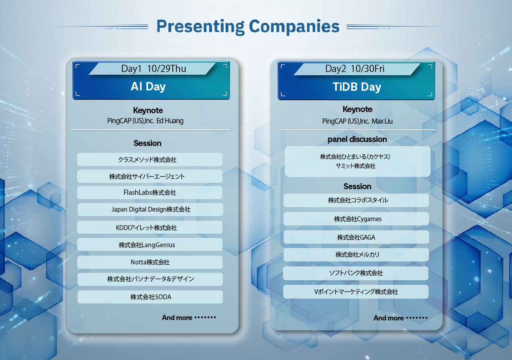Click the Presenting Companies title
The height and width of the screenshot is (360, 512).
[248, 27]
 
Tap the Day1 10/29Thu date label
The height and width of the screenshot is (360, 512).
[154, 69]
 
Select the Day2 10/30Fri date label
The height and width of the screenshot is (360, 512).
[355, 69]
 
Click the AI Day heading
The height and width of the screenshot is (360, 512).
[148, 87]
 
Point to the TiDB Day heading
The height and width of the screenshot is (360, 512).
[357, 87]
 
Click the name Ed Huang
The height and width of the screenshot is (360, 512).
[170, 121]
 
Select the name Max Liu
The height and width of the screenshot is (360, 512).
[382, 121]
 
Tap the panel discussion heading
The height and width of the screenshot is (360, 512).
[357, 139]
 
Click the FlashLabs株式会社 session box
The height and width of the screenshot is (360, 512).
[150, 192]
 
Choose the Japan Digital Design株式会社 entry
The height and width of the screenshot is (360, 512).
[150, 210]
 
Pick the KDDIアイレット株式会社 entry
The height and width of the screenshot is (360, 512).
[150, 227]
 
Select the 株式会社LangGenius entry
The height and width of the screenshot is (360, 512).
[150, 244]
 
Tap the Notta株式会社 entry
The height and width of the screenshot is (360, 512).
[150, 262]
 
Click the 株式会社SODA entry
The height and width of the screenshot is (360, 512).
[150, 297]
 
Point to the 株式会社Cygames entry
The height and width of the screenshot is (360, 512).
[356, 219]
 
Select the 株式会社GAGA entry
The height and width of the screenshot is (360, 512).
[356, 237]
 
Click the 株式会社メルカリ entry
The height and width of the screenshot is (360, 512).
[356, 255]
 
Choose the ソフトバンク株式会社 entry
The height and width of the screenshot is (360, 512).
[356, 273]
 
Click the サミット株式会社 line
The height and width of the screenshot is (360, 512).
[356, 166]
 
